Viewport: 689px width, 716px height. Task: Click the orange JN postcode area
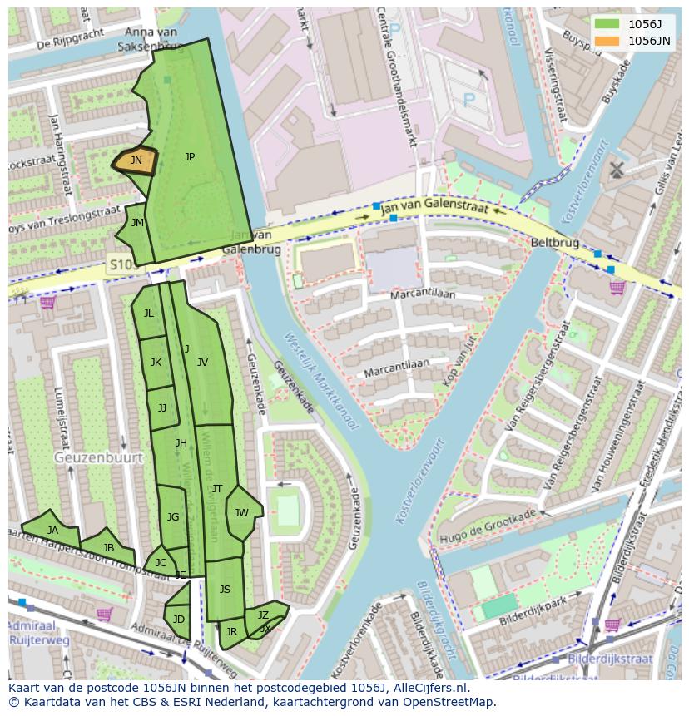click(x=136, y=160)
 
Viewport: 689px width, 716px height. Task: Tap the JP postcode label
click(x=190, y=156)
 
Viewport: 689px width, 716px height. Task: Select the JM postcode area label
click(x=137, y=222)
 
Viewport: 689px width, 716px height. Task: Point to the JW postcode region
click(x=241, y=512)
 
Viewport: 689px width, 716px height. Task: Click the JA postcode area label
click(x=52, y=530)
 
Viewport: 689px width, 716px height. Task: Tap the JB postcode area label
click(x=108, y=547)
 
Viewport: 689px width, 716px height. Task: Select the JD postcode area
click(x=179, y=619)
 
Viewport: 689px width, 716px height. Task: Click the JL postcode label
click(x=148, y=314)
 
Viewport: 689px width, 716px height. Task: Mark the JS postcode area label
click(x=225, y=589)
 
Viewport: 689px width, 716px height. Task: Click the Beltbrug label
click(x=554, y=242)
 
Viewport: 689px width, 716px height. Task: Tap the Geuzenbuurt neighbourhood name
click(x=98, y=457)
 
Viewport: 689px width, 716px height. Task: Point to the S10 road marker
click(x=121, y=265)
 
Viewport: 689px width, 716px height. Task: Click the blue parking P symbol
click(x=468, y=99)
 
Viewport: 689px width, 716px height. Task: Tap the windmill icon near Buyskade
click(x=617, y=170)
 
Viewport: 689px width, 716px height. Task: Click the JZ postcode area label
click(x=263, y=615)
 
